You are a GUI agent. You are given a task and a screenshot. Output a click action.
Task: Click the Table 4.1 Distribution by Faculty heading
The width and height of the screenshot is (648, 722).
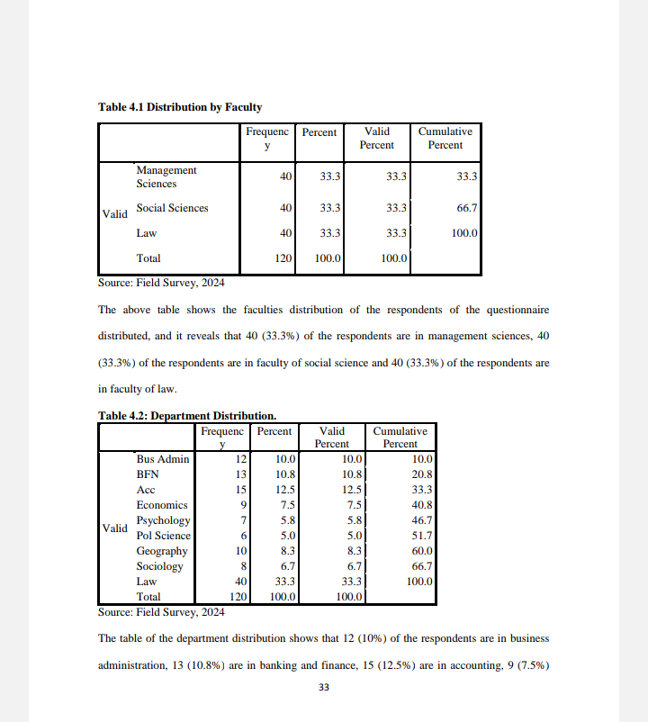pos(180,107)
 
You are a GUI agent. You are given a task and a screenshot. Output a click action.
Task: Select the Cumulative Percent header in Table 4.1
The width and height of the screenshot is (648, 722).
pos(445,138)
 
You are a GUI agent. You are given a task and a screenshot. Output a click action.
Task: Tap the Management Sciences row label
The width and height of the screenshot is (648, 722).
pos(166,176)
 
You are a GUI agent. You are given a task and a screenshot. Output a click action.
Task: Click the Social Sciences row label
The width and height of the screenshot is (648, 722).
pos(172,208)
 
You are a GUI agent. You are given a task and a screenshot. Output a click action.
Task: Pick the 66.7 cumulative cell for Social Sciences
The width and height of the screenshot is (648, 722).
pos(466,208)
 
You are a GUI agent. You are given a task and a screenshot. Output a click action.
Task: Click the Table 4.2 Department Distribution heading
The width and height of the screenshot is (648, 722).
pos(186,416)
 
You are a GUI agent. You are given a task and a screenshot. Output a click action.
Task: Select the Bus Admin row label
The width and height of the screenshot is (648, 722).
pos(163,459)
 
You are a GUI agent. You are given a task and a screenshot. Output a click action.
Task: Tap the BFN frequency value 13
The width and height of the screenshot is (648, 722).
pos(240,474)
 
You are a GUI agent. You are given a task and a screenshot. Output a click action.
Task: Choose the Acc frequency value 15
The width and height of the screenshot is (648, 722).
pos(240,490)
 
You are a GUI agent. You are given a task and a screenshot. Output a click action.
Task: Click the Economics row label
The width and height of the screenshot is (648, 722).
pos(162,505)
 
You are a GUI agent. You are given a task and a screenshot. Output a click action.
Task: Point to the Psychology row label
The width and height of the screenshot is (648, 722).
pos(163,520)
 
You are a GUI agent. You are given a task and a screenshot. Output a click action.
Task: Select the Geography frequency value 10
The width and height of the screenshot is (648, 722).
pos(240,551)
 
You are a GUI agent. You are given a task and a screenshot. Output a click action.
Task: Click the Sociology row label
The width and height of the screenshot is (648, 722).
pos(159,566)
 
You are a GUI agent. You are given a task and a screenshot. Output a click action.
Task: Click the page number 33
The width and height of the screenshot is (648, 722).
pos(324,688)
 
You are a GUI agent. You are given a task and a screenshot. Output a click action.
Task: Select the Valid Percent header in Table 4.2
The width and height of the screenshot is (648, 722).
pos(332,437)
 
